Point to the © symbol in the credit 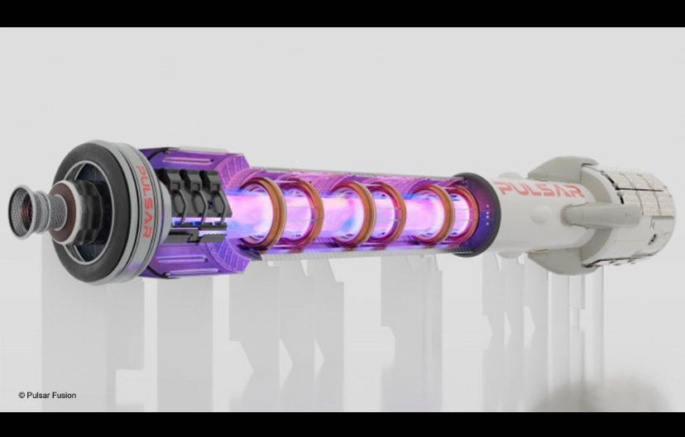pyautogui.click(x=22, y=396)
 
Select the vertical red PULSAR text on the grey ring pyautogui.click(x=144, y=202)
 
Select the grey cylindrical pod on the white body pyautogui.click(x=599, y=213)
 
